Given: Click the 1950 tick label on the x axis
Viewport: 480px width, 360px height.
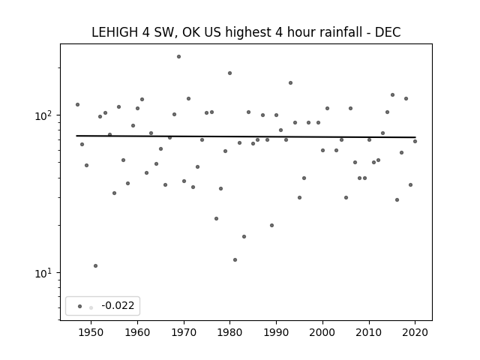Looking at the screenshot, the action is coord(91,332).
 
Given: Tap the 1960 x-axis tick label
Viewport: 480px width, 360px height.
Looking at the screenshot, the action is coord(137,332).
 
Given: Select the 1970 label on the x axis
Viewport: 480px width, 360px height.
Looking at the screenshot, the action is coord(184,332).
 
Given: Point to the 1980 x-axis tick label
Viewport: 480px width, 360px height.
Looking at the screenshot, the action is coord(230,332).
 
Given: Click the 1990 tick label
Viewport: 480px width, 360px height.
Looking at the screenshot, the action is coord(276,332).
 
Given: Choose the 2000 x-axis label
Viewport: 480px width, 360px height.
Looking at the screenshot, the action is coord(322,332).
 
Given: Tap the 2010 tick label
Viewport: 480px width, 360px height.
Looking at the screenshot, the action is coord(369,332).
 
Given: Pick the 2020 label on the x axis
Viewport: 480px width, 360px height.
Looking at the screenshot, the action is coord(415,332).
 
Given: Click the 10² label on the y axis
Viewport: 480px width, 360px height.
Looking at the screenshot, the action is coord(45,115).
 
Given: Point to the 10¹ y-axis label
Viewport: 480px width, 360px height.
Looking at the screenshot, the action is coord(45,273).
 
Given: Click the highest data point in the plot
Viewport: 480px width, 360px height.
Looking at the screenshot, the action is coord(178,57).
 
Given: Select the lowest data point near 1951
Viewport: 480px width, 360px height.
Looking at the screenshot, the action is coord(95,265).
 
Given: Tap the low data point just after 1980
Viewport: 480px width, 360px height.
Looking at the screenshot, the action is coord(235,260).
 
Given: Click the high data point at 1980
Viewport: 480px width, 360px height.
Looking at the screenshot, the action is coord(230,73).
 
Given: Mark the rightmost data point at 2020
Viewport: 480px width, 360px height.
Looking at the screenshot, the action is coord(415,141).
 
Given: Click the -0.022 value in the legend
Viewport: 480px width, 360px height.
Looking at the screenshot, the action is coord(118,305).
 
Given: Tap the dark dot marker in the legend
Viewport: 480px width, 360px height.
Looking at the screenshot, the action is coord(80,306).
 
